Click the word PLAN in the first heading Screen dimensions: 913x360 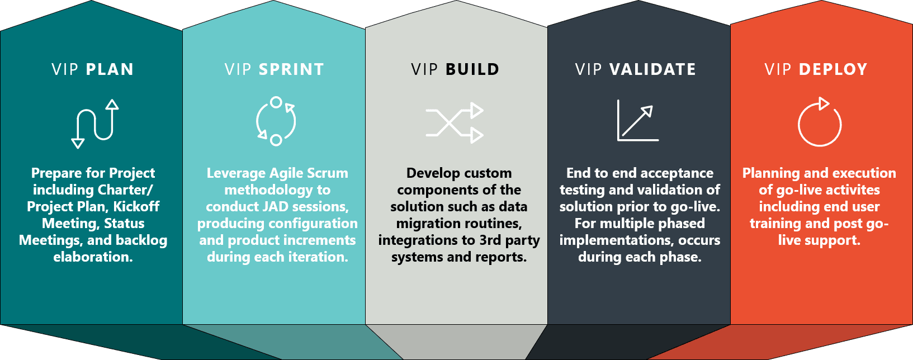[110, 69]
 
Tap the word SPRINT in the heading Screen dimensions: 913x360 [291, 69]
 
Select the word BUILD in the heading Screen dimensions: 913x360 [472, 69]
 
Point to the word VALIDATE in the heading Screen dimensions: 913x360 [652, 69]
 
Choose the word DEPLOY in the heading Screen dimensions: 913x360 [833, 69]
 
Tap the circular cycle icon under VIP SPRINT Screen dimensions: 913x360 [276, 121]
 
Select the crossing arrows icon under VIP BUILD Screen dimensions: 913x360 [455, 123]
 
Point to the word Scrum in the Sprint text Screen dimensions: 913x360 [329, 173]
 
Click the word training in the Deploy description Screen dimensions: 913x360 [775, 224]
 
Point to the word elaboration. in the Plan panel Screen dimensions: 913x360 [93, 257]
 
